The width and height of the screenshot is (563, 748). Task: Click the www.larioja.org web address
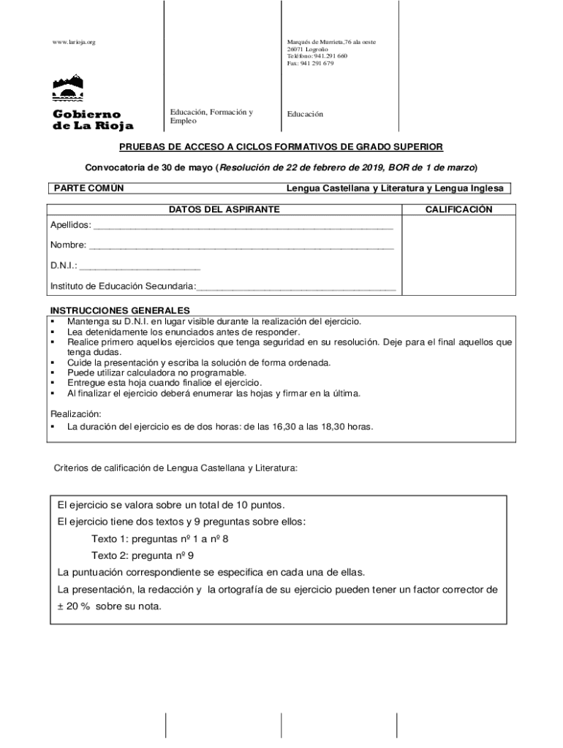pyautogui.click(x=74, y=42)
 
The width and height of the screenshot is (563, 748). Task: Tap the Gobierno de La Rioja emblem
pyautogui.click(x=67, y=88)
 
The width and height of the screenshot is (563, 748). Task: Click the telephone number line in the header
pyautogui.click(x=317, y=56)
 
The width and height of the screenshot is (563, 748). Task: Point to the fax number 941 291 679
pyautogui.click(x=310, y=64)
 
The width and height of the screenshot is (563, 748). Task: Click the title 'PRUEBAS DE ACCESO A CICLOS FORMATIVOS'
pyautogui.click(x=281, y=147)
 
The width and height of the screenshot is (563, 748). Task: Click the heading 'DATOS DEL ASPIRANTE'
pyautogui.click(x=224, y=210)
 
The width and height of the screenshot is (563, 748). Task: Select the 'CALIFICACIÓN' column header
pyautogui.click(x=458, y=210)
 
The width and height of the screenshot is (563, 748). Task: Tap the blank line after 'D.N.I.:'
pyautogui.click(x=140, y=267)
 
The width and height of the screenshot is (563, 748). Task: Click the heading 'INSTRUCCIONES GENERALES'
pyautogui.click(x=119, y=310)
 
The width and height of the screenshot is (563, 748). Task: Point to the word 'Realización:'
pyautogui.click(x=75, y=413)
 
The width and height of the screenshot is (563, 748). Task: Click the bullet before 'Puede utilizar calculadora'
pyautogui.click(x=53, y=373)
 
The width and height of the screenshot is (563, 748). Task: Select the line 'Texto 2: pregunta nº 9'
pyautogui.click(x=142, y=555)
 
